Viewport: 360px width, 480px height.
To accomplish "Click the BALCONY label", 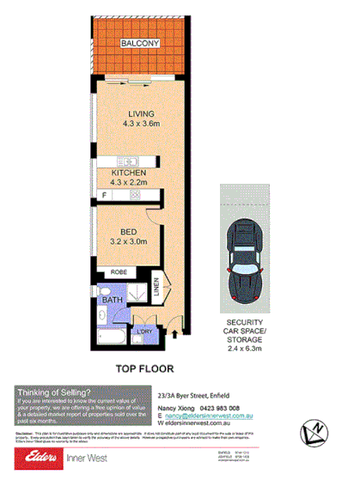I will (x=137, y=43).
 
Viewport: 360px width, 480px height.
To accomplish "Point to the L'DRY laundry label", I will (x=144, y=331).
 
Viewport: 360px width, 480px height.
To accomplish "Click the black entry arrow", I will (x=176, y=324).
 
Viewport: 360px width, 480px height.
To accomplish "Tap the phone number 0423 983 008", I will (x=235, y=409).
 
